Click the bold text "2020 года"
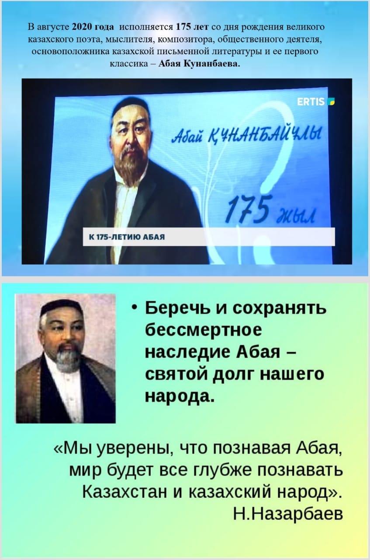pos(93,27)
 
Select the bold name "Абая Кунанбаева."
pos(199,64)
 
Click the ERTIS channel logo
pos(316,101)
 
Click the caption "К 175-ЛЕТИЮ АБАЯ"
pos(127,237)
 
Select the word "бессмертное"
pos(204,330)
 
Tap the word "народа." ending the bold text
pos(180,396)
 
